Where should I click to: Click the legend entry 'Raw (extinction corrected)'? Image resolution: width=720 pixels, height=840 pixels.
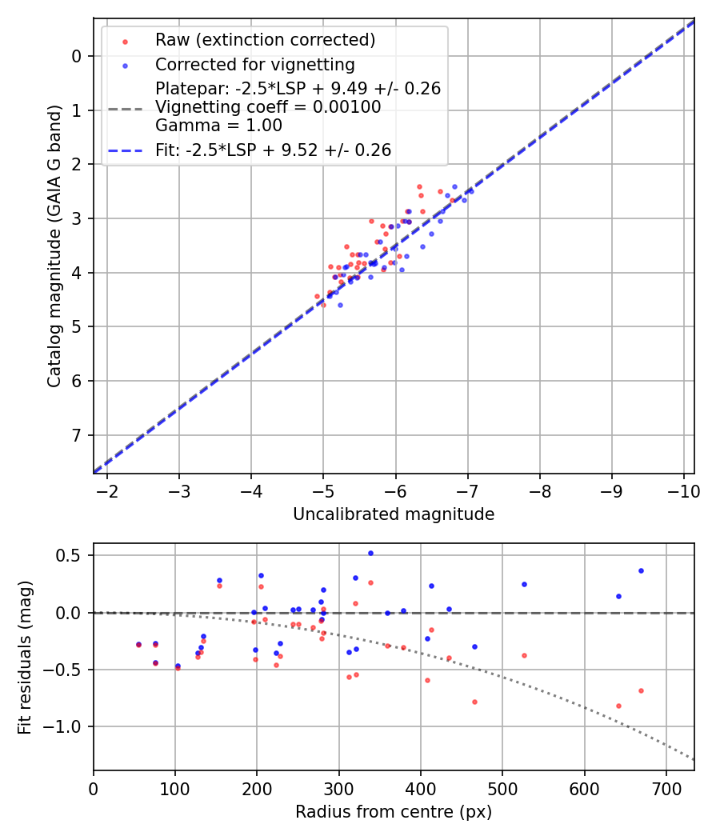click(265, 40)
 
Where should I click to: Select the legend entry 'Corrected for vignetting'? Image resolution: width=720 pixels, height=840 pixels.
click(255, 64)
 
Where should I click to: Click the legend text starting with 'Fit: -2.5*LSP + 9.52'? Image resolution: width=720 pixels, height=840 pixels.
click(273, 150)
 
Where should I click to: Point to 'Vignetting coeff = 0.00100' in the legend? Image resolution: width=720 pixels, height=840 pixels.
click(268, 107)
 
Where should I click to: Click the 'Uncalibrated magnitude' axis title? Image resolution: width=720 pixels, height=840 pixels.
click(394, 514)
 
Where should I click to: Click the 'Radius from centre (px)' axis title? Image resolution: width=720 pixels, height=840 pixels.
click(394, 812)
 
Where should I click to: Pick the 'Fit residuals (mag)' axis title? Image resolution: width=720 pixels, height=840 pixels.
click(25, 657)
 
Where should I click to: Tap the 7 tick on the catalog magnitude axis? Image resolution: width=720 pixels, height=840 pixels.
click(77, 435)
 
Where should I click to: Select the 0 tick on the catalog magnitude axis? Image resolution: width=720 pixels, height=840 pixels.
click(77, 56)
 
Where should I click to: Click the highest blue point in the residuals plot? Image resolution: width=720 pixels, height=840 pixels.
click(370, 553)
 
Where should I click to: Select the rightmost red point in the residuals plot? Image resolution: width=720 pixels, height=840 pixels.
click(641, 690)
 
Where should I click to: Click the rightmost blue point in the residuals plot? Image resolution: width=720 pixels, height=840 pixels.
click(641, 570)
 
